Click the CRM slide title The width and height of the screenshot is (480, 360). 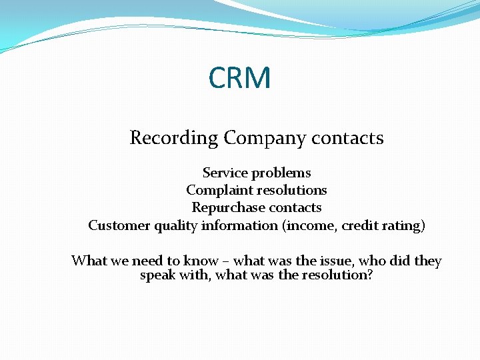click(x=239, y=78)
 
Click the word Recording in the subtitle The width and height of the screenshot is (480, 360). click(x=174, y=138)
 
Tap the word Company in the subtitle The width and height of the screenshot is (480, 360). click(x=256, y=138)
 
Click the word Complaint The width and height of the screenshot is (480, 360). click(x=219, y=191)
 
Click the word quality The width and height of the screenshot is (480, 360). click(x=176, y=226)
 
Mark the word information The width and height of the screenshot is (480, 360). click(x=241, y=225)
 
